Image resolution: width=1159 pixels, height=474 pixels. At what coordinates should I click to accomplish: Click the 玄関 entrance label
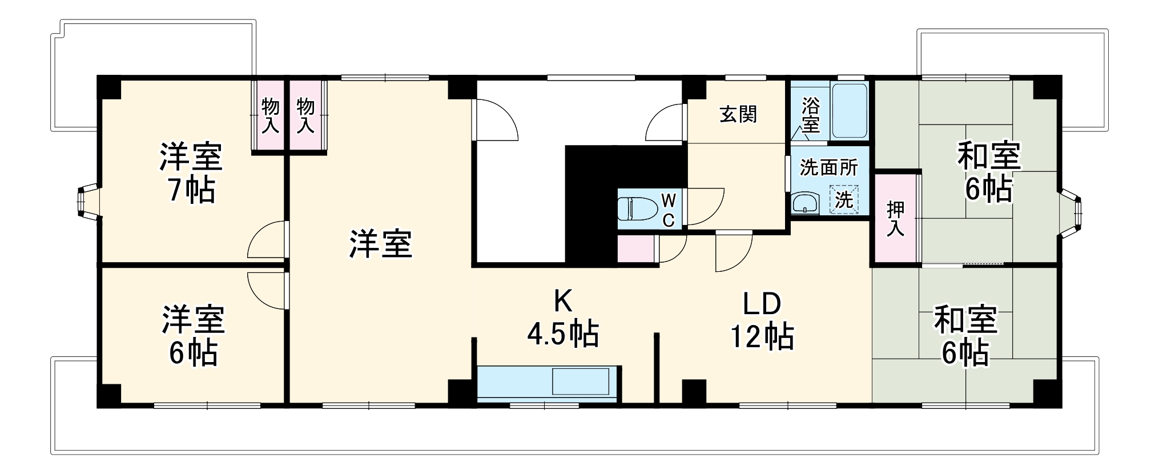[x=738, y=115]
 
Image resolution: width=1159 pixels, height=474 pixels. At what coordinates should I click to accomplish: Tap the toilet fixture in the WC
[x=637, y=208]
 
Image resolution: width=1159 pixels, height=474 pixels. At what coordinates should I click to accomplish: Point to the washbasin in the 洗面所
[x=805, y=203]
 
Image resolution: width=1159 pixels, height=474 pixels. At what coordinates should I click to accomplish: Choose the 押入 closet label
[x=895, y=219]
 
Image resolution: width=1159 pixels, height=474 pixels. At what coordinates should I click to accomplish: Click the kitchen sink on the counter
[x=580, y=381]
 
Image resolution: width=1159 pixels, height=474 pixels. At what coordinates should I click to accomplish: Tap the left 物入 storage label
[x=270, y=115]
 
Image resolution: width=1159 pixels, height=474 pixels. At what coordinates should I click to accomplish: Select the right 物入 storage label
[x=305, y=115]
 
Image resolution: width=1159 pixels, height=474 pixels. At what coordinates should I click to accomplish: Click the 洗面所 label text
[x=828, y=167]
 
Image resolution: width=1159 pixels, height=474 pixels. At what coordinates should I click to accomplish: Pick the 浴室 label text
[x=810, y=114]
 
